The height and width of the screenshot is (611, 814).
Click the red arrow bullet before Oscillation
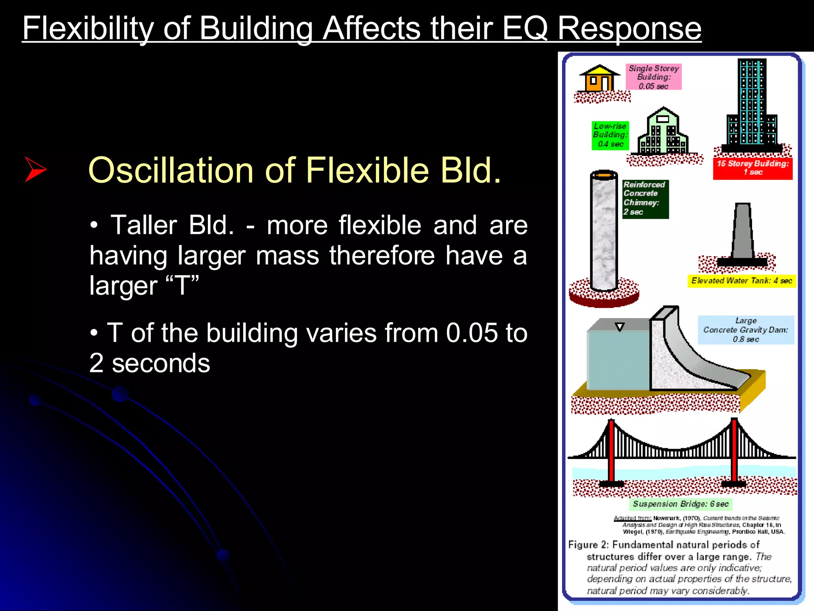[x=35, y=169]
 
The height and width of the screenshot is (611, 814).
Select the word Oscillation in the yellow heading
[x=171, y=170]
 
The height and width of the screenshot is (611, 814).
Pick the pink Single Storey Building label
[x=653, y=77]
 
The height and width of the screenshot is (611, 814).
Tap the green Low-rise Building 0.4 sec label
[x=610, y=135]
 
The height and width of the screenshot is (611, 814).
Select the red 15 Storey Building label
[x=752, y=168]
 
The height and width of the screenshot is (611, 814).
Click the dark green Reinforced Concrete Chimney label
[x=645, y=198]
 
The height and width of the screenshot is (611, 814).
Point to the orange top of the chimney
[x=604, y=174]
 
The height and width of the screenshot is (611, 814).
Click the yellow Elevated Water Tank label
[x=741, y=281]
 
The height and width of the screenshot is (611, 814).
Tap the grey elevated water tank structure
[x=743, y=233]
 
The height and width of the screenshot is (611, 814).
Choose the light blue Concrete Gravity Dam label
[x=746, y=330]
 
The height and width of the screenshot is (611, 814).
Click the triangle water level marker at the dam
[x=620, y=327]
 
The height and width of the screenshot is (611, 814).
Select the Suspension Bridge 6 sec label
[x=680, y=504]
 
